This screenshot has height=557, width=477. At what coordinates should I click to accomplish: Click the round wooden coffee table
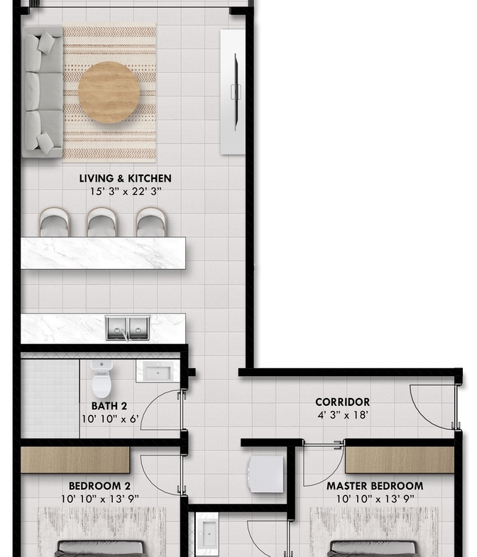[x=109, y=92]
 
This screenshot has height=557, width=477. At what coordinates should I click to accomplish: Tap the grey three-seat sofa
[x=42, y=92]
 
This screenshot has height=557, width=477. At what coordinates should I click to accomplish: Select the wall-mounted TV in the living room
[x=235, y=92]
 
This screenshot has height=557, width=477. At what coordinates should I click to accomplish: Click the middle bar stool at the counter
[x=102, y=222]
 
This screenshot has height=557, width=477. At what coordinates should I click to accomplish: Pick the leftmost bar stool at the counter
[x=55, y=222]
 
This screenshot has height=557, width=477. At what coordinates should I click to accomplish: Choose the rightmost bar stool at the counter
[x=150, y=222]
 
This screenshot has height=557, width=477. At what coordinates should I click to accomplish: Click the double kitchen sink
[x=128, y=328]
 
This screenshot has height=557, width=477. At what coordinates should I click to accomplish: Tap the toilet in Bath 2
[x=102, y=380]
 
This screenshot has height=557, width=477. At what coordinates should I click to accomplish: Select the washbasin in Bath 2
[x=158, y=371]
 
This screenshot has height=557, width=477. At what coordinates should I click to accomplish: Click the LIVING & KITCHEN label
[x=125, y=178]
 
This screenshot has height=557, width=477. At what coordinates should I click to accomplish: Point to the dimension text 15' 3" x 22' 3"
[x=126, y=192]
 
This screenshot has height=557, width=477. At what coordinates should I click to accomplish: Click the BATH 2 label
[x=109, y=406]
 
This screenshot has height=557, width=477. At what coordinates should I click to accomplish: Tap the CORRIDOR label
[x=343, y=402]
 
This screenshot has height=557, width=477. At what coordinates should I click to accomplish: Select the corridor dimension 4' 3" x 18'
[x=343, y=415]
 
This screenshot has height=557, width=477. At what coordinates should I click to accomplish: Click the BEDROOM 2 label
[x=99, y=486]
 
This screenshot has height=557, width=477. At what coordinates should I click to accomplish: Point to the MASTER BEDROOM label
[x=375, y=486]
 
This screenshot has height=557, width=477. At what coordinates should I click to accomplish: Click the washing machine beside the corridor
[x=267, y=475]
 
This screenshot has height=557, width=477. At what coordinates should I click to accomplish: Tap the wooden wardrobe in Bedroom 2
[x=75, y=460]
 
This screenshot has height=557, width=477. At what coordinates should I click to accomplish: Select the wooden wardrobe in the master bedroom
[x=400, y=460]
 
